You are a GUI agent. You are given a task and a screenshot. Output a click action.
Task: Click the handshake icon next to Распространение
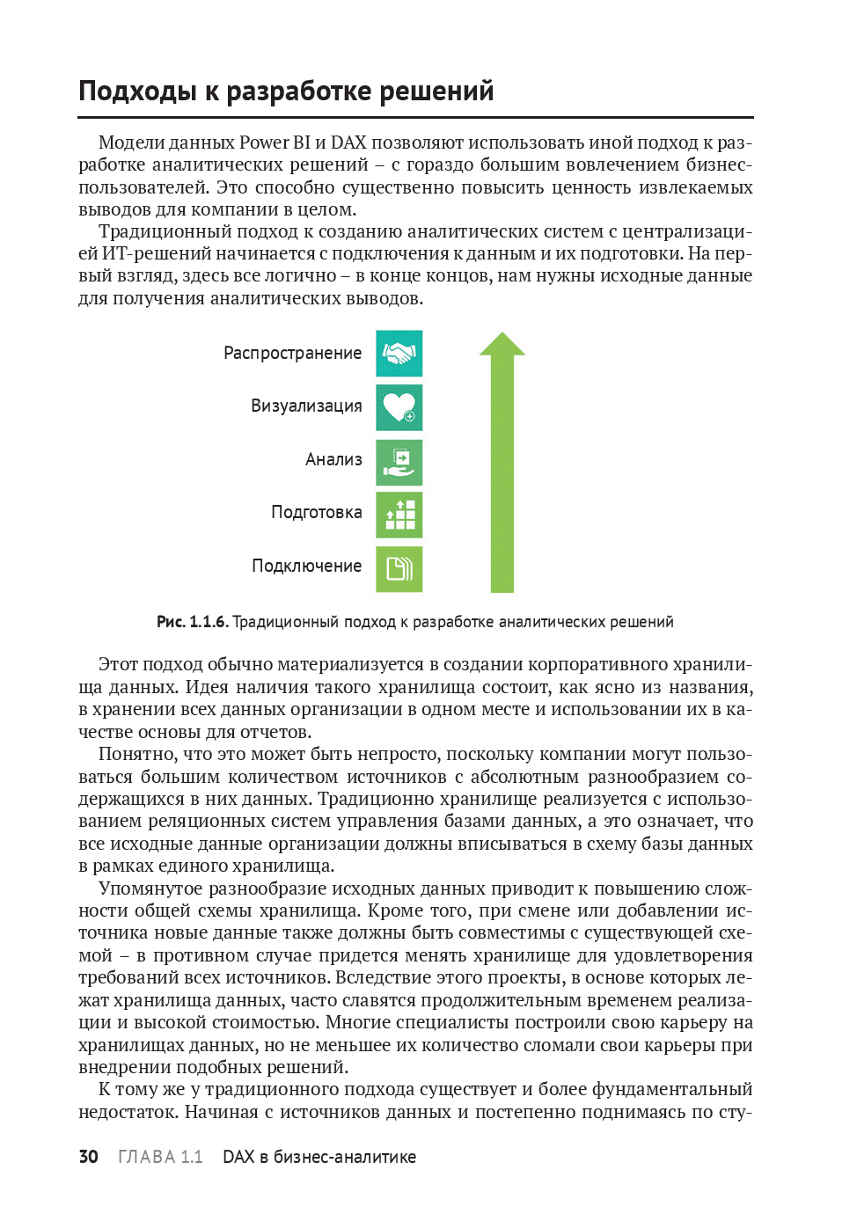tap(399, 354)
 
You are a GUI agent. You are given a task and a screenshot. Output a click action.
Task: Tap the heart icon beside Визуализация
tap(399, 407)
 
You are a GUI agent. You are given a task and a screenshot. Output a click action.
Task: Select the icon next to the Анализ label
tap(399, 462)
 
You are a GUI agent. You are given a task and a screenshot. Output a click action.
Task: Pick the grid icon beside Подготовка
tap(399, 515)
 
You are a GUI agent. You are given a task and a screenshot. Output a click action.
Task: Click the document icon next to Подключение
tap(399, 569)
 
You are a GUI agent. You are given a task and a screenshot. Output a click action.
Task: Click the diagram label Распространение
tap(292, 354)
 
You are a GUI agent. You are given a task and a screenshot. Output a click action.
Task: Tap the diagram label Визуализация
tap(306, 406)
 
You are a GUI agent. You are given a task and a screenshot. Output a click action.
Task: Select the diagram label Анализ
tap(333, 460)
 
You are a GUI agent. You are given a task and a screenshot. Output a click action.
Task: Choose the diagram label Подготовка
tap(316, 513)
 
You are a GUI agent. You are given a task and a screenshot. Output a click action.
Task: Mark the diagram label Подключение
tap(306, 567)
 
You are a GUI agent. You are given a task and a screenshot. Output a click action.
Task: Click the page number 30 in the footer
tap(88, 1157)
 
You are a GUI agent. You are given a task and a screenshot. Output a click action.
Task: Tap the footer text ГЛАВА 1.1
tap(160, 1157)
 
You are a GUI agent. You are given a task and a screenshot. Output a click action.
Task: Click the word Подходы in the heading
tap(137, 91)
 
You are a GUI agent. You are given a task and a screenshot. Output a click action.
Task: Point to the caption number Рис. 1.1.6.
tap(192, 622)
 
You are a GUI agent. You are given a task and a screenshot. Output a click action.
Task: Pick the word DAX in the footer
tap(238, 1157)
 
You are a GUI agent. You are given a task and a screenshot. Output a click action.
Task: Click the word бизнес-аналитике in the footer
tap(344, 1157)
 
